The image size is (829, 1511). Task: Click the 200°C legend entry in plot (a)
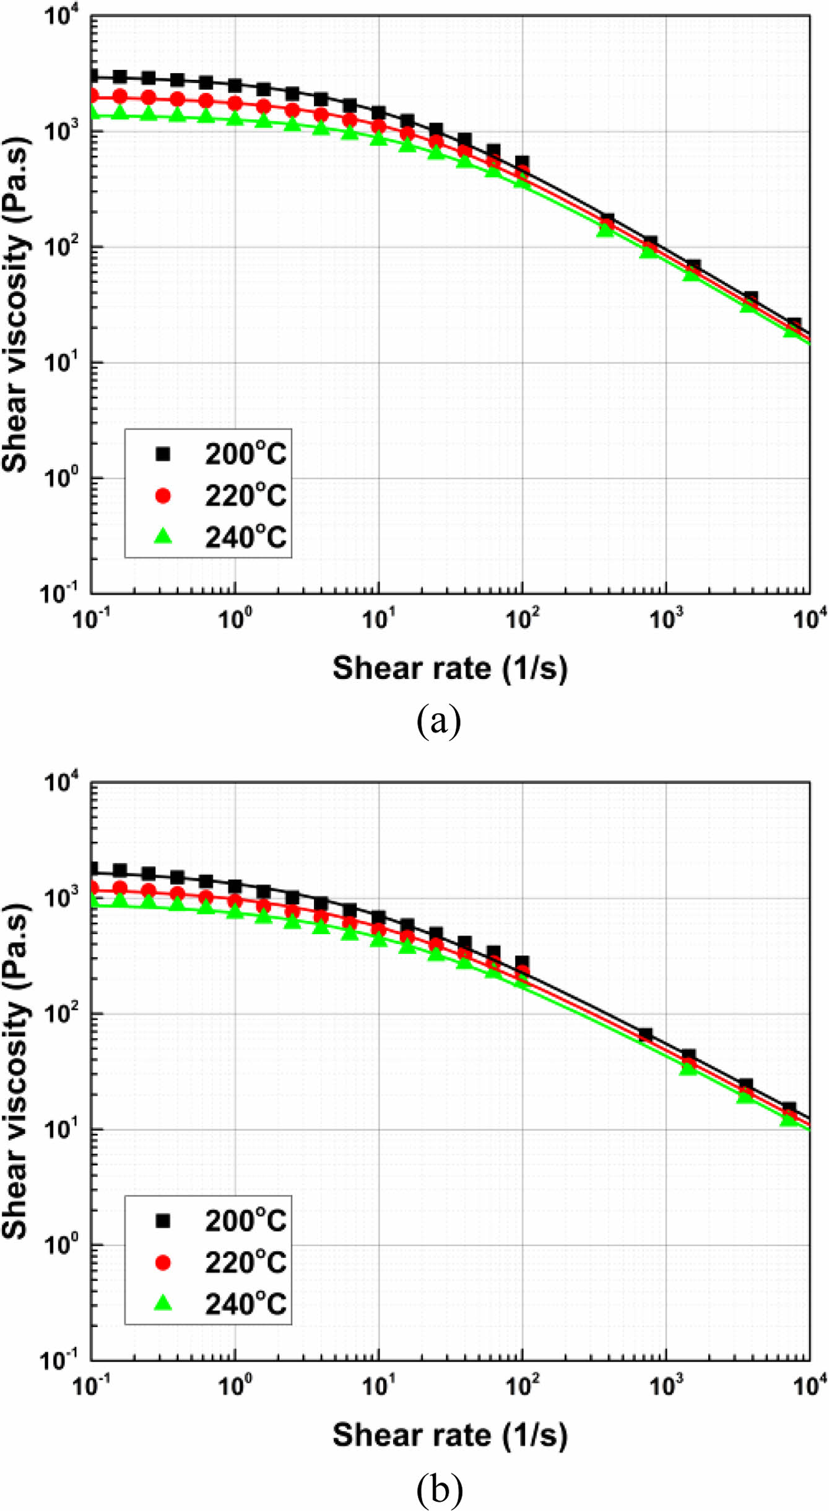(245, 454)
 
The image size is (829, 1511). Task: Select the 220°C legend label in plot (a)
(245, 496)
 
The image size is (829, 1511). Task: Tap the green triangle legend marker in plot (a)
(163, 536)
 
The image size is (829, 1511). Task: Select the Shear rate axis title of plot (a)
(449, 669)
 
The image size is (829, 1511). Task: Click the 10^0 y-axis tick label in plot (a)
(62, 477)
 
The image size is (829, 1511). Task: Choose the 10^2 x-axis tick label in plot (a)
(522, 618)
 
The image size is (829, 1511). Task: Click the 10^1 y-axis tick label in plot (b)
(62, 1128)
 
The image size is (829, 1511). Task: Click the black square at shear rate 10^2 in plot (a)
(522, 163)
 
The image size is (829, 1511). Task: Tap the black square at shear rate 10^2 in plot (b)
(522, 962)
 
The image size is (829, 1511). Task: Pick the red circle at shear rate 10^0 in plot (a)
(235, 103)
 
